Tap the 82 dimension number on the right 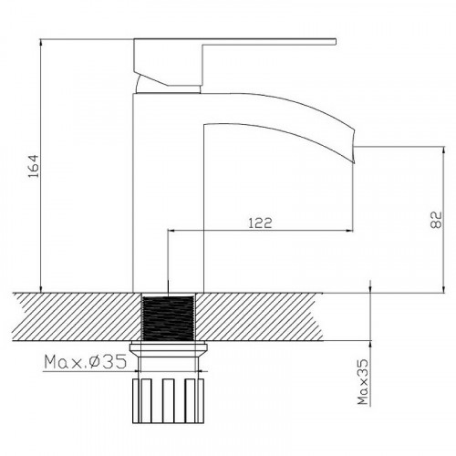435,218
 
